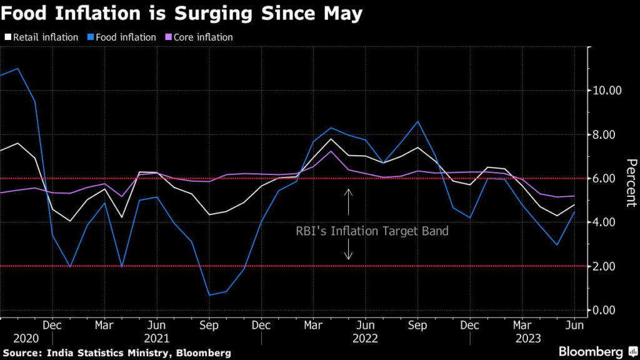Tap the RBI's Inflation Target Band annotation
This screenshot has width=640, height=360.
coord(372,231)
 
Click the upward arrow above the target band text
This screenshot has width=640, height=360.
coord(349,201)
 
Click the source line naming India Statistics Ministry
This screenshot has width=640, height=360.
coord(116,353)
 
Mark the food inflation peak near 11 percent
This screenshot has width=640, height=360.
coord(17,69)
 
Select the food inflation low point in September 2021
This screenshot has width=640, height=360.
coord(209,295)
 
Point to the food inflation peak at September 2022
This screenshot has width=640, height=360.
coord(417,121)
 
